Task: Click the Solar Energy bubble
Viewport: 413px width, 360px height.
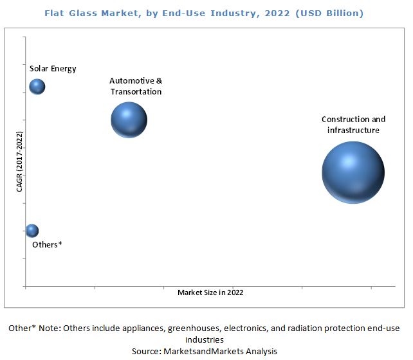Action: (37, 86)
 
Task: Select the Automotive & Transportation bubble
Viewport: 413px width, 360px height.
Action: (129, 119)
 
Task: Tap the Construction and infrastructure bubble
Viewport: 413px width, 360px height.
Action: (353, 172)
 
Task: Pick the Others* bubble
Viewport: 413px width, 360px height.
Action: (32, 231)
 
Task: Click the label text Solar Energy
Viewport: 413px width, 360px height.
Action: (53, 69)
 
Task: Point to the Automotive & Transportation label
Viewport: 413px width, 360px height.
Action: (136, 86)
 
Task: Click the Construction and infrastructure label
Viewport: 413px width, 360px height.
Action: (353, 125)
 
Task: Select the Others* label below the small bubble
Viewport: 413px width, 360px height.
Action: (47, 244)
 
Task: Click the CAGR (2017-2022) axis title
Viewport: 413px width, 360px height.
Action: (19, 162)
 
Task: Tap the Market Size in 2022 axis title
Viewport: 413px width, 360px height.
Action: (210, 292)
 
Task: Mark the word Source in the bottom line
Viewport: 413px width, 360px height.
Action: (147, 351)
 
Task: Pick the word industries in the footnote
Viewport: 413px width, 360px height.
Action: (206, 339)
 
